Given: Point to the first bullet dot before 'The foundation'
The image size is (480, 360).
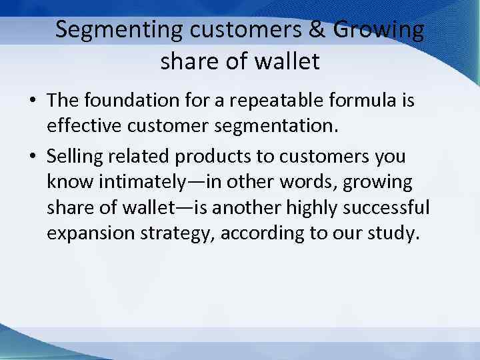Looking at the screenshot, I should pyautogui.click(x=32, y=102).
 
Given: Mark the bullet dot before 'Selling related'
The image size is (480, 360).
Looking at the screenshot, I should pyautogui.click(x=32, y=157).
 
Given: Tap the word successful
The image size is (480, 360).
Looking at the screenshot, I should pyautogui.click(x=386, y=209).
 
